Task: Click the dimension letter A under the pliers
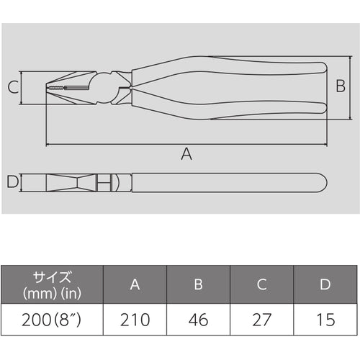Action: point(186,153)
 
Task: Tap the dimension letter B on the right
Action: point(341,88)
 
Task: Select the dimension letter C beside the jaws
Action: point(13,89)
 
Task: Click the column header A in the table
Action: point(135,284)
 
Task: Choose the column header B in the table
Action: point(198,284)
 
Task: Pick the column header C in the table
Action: point(261,284)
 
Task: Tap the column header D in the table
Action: point(325,284)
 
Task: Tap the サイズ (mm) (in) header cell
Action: point(52,284)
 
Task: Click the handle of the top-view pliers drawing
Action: point(230,183)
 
